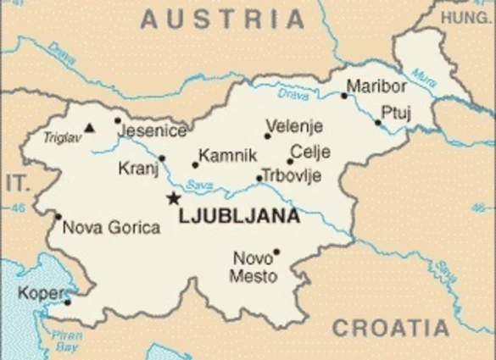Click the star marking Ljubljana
coord(174,198)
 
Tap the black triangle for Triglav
coord(89,129)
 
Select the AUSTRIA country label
coord(222,19)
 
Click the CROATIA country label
coord(390,329)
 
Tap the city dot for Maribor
coord(344,96)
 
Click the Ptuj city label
coord(395,112)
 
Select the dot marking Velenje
coord(268,136)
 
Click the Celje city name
coord(310,153)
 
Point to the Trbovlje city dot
coord(259,179)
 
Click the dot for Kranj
coord(162,158)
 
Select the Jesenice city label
coord(154,131)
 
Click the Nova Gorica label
coord(111,227)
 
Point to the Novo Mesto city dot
coord(276,252)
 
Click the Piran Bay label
coord(67,340)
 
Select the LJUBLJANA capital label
coord(239,216)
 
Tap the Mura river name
coord(427,85)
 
